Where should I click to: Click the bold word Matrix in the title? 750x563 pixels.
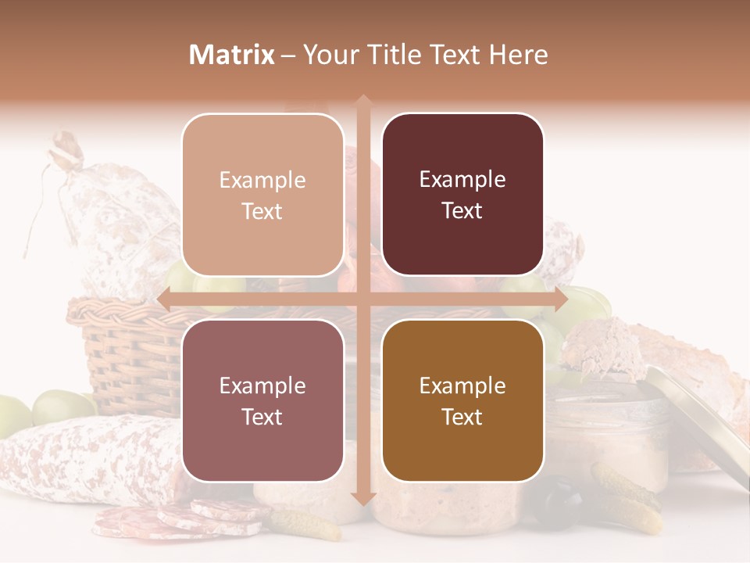click(232, 55)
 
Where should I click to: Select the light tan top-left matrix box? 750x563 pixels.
click(262, 195)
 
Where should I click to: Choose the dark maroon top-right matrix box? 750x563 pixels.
click(462, 195)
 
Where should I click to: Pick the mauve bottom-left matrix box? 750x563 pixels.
click(262, 401)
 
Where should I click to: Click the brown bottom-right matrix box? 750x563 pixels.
click(462, 401)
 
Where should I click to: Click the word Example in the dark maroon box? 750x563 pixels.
click(462, 180)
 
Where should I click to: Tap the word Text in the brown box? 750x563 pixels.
click(462, 418)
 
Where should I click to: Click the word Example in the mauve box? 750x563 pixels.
click(262, 386)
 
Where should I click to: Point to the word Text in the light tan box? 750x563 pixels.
click(262, 212)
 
